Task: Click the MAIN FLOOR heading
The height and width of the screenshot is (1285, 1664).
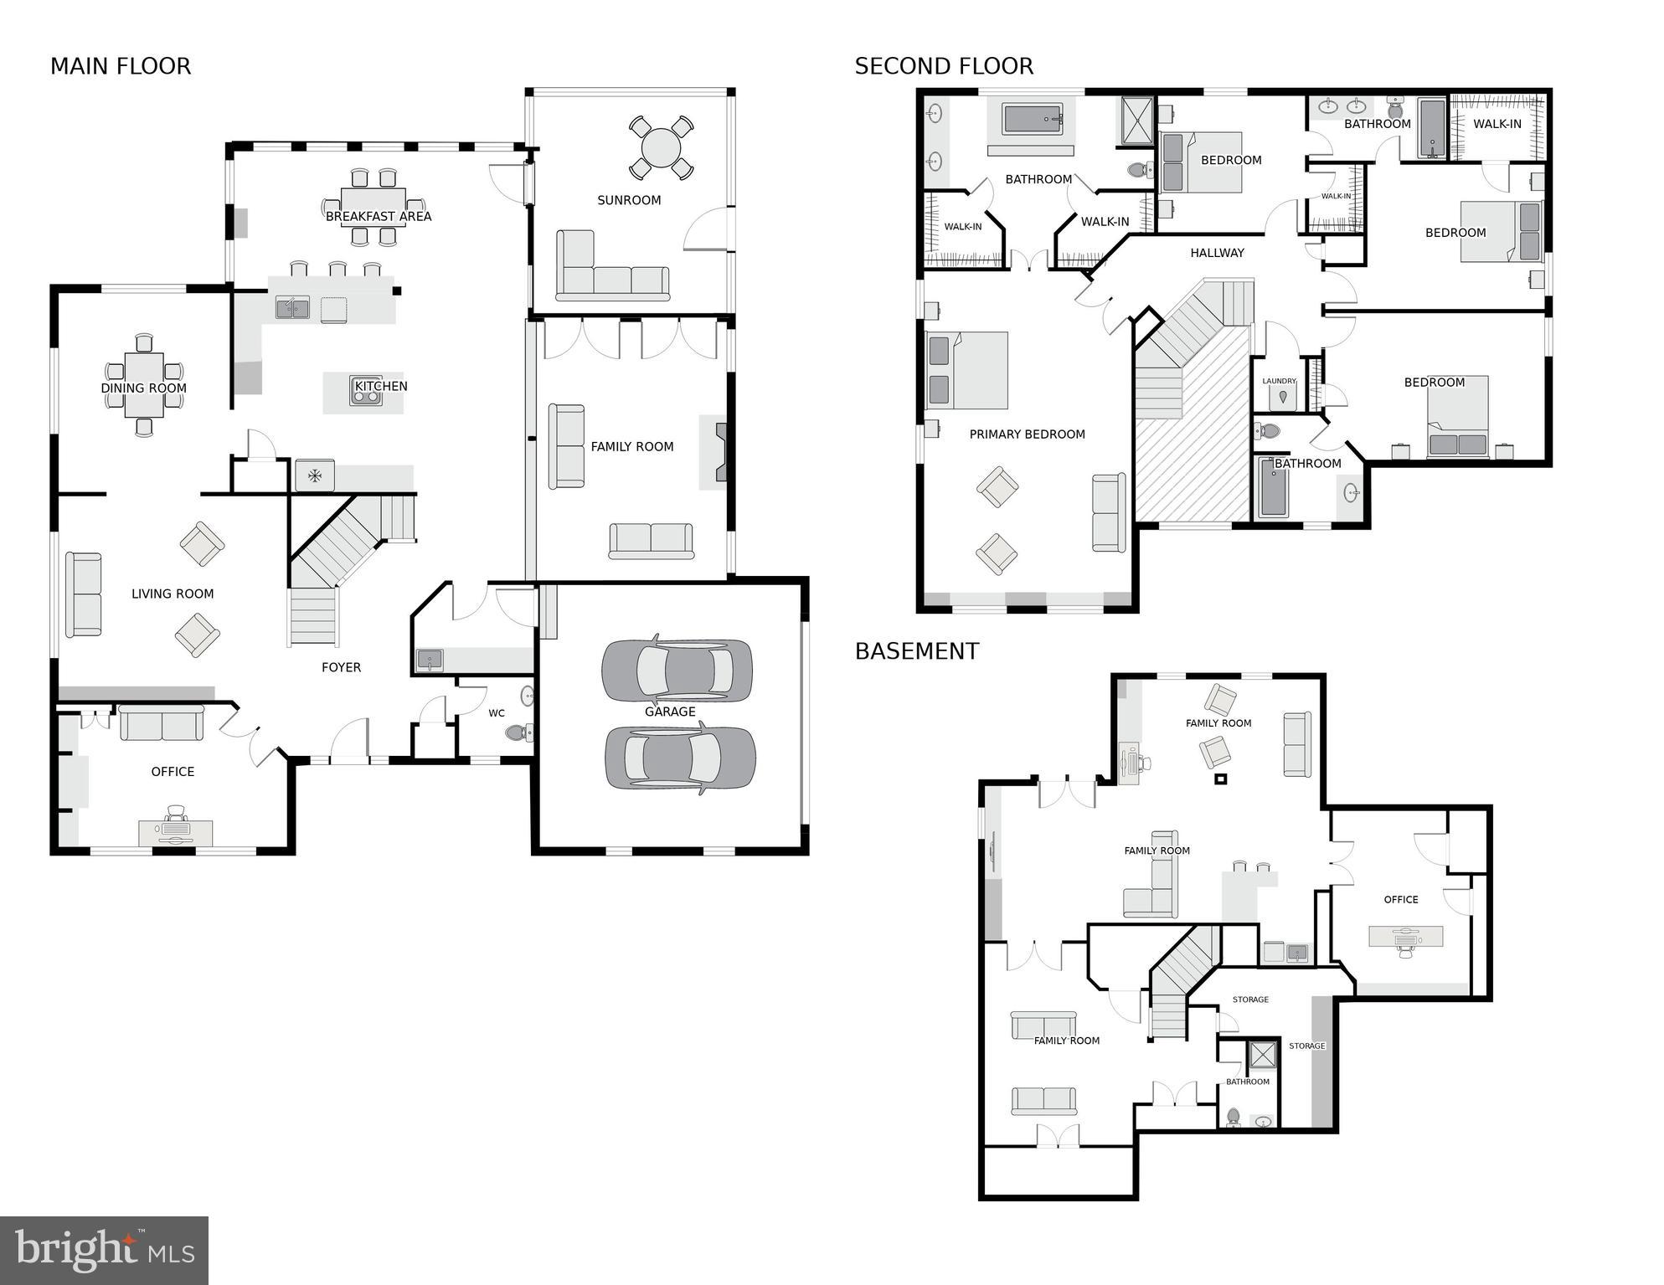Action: [121, 66]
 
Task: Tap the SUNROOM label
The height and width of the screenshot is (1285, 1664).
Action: [629, 200]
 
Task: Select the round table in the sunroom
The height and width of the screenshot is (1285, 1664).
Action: [661, 148]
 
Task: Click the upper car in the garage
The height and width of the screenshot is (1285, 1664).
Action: [677, 671]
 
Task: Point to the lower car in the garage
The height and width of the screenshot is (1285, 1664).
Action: [680, 758]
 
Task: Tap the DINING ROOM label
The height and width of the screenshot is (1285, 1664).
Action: [144, 388]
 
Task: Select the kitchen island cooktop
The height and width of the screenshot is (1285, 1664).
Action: [366, 391]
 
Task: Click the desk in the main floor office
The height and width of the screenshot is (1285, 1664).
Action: [175, 831]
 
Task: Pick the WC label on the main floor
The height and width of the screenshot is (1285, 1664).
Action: [497, 713]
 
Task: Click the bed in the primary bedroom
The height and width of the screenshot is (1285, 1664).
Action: [967, 370]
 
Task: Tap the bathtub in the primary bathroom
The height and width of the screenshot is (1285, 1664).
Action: [1033, 119]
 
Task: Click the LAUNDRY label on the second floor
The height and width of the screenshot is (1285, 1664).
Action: [1279, 381]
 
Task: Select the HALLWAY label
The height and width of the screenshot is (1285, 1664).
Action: [1217, 253]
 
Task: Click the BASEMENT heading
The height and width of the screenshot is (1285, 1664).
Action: [916, 651]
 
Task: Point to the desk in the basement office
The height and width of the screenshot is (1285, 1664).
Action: [1405, 936]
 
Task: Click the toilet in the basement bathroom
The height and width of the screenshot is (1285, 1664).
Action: [1233, 1116]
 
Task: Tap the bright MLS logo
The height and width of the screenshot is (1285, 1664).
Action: [104, 1250]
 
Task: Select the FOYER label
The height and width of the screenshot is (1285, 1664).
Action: [341, 667]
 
